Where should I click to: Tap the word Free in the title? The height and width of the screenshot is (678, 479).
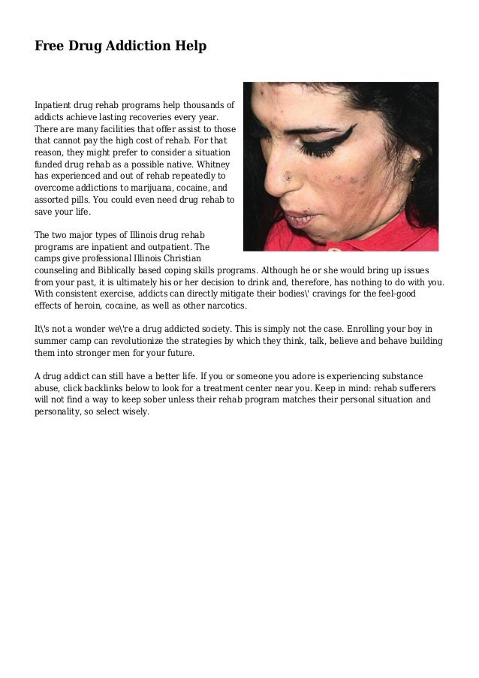(x=50, y=47)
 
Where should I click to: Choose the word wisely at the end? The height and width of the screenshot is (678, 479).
(x=134, y=412)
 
